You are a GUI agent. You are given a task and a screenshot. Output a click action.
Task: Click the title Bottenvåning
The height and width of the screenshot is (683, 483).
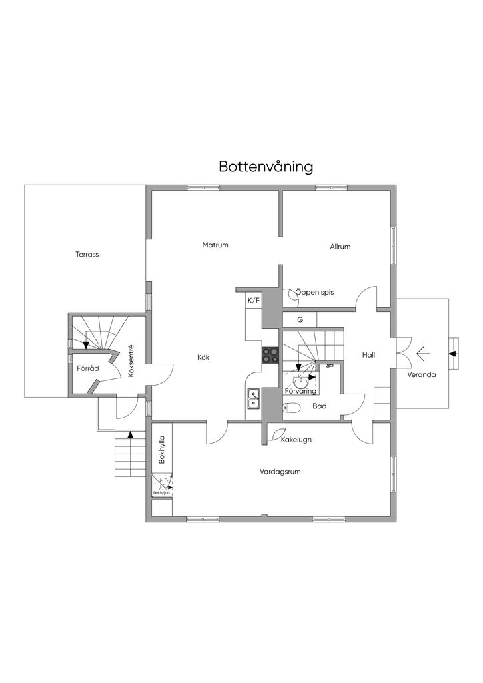pyautogui.click(x=266, y=167)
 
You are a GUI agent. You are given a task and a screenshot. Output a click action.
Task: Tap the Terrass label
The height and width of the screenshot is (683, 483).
pyautogui.click(x=87, y=254)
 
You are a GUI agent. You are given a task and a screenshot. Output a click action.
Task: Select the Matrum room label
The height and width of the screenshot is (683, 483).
pyautogui.click(x=215, y=245)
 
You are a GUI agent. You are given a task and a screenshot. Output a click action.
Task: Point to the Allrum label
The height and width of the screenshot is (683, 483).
pyautogui.click(x=340, y=247)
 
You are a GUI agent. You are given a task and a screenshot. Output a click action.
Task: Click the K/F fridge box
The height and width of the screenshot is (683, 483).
pyautogui.click(x=254, y=301)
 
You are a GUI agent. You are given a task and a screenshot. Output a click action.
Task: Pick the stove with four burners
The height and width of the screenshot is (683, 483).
pyautogui.click(x=270, y=355)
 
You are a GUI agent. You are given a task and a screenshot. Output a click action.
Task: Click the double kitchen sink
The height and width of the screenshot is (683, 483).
pyautogui.click(x=254, y=398)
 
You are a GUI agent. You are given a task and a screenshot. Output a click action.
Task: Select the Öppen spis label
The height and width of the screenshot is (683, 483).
pyautogui.click(x=314, y=292)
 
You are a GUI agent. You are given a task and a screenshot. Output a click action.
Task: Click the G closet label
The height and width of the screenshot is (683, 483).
pyautogui.click(x=300, y=319)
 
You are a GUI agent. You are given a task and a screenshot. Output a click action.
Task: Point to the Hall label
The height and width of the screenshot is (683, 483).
pyautogui.click(x=368, y=355)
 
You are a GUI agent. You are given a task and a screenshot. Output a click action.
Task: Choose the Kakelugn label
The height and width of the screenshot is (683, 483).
pyautogui.click(x=296, y=440)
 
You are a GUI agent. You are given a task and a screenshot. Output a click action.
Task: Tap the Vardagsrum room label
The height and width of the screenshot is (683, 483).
pyautogui.click(x=280, y=471)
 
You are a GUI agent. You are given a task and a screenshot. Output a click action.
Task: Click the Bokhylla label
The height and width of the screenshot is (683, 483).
pyautogui.click(x=161, y=450)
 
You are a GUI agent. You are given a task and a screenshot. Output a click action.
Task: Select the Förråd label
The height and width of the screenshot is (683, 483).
pyautogui.click(x=87, y=368)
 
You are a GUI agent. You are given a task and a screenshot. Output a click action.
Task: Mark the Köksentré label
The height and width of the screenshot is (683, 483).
pyautogui.click(x=131, y=361)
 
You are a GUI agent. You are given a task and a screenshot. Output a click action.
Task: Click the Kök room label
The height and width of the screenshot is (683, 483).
pyautogui.click(x=203, y=357)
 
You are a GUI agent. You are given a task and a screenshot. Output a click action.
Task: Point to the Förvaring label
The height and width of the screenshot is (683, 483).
pyautogui.click(x=300, y=391)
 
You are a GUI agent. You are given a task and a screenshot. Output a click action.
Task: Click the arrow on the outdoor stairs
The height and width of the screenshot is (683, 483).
pyautogui.click(x=131, y=434)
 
